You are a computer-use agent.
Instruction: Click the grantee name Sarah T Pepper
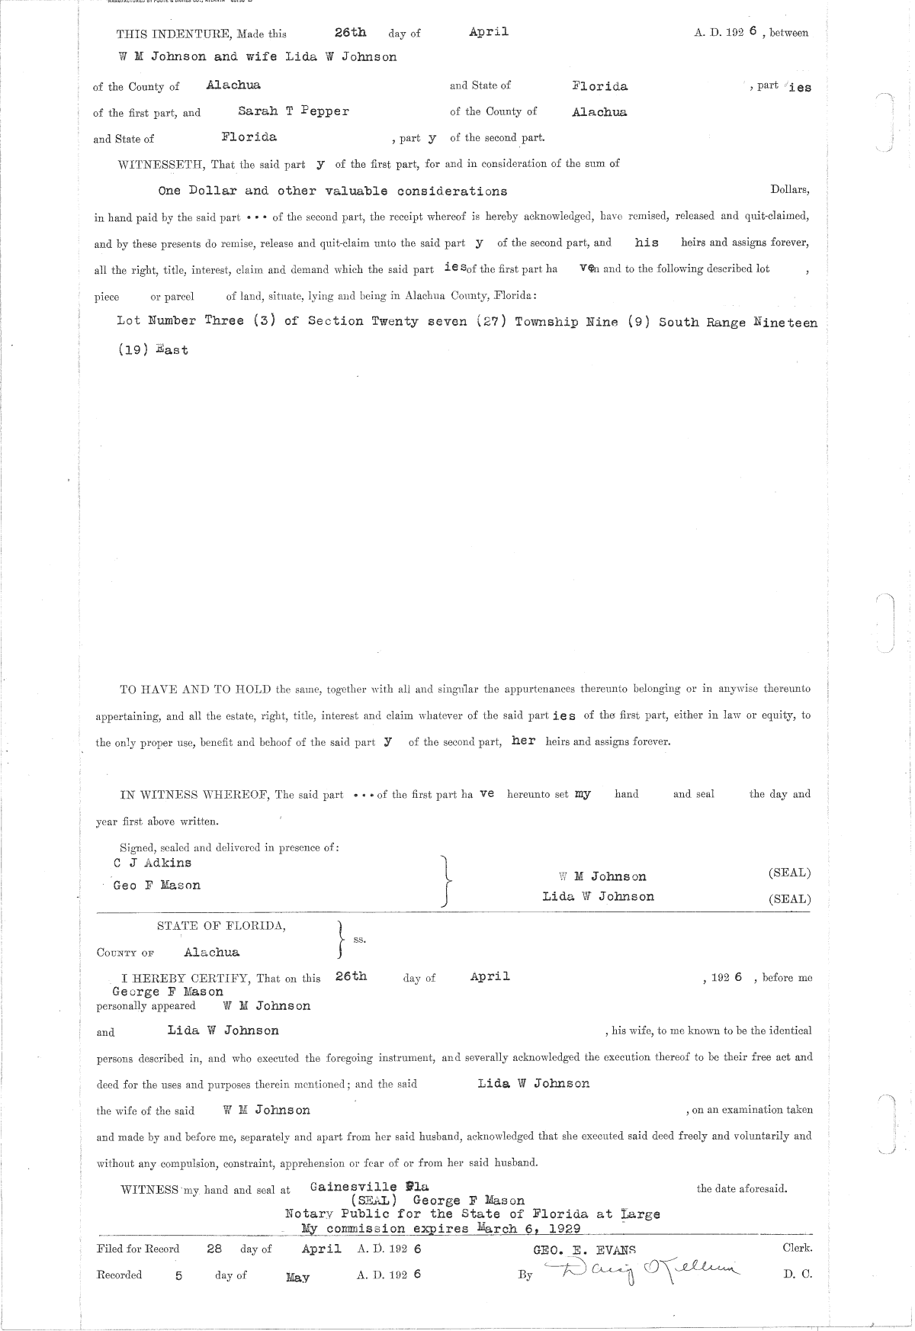pyautogui.click(x=294, y=111)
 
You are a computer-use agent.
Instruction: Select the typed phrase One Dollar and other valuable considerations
pyautogui.click(x=332, y=191)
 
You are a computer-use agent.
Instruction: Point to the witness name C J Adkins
pyautogui.click(x=152, y=863)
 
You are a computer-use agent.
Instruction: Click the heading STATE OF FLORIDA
pyautogui.click(x=221, y=926)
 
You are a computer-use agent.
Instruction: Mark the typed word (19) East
pyautogui.click(x=152, y=350)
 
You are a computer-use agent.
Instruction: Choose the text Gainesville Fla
pyautogui.click(x=370, y=1187)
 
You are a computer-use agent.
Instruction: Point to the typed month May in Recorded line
pyautogui.click(x=297, y=1277)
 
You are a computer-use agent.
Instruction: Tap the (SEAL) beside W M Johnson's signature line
pyautogui.click(x=789, y=873)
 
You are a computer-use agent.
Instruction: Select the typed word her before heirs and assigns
pyautogui.click(x=523, y=741)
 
